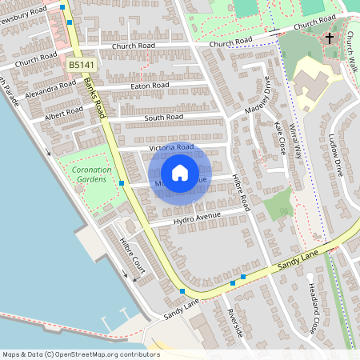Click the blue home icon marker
pyautogui.click(x=180, y=173)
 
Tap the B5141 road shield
pyautogui.click(x=78, y=64)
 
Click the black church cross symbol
pyautogui.click(x=330, y=38)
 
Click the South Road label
pyautogui.click(x=163, y=118)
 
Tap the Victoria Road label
pyautogui.click(x=171, y=148)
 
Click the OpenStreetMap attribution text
pyautogui.click(x=80, y=354)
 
